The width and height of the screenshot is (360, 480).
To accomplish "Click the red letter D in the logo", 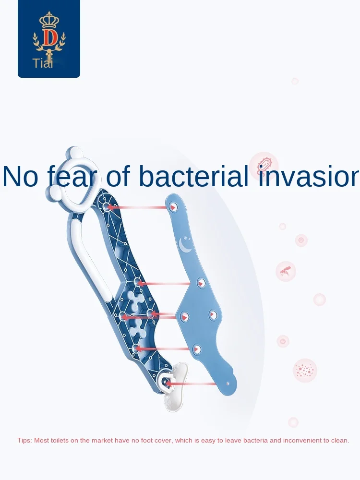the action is click(49, 38).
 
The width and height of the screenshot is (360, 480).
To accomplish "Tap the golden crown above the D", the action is click(49, 20).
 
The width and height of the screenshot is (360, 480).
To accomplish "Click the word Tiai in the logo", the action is click(43, 63).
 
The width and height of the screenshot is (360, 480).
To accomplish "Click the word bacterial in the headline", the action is click(193, 176).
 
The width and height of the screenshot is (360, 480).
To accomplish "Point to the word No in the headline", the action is click(21, 176).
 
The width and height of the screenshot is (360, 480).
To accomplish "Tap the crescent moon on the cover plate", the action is click(185, 244).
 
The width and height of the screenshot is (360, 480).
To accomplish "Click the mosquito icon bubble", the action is click(286, 271).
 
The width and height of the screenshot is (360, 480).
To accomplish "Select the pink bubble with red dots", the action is click(305, 371).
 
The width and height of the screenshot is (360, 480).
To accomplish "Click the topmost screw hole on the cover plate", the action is click(173, 206).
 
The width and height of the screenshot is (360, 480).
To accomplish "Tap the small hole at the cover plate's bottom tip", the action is click(228, 383).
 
